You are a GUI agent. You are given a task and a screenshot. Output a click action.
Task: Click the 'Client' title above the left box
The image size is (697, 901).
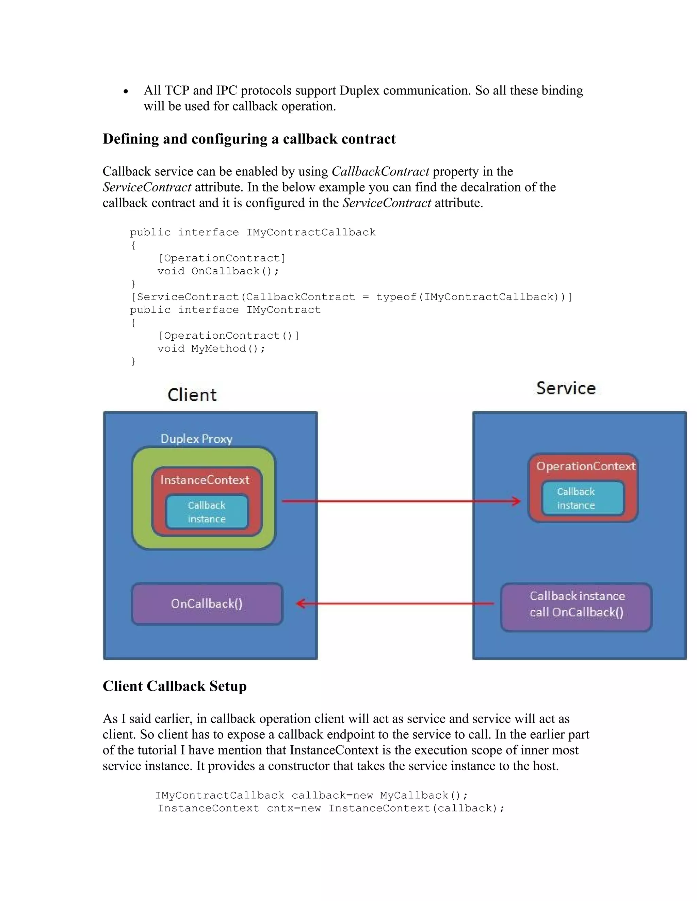(192, 395)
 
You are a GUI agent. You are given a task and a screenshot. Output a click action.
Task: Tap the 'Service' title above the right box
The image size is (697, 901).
(566, 388)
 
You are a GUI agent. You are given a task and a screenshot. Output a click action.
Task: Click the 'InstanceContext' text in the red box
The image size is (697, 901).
(205, 480)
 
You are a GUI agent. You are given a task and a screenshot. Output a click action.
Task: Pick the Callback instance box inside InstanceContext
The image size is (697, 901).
(207, 512)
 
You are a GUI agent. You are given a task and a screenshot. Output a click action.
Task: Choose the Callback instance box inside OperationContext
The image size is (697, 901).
(583, 498)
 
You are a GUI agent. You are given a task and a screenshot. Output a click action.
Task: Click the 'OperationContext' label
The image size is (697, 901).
(585, 466)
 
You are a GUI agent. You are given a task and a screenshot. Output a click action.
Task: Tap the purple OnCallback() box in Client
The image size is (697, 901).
(207, 603)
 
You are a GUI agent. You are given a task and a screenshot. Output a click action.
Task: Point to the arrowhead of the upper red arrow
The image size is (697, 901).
(517, 501)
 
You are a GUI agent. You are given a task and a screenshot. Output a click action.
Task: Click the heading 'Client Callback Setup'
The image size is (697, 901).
(174, 686)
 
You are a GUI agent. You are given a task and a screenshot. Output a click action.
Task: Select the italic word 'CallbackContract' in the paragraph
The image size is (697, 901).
(380, 171)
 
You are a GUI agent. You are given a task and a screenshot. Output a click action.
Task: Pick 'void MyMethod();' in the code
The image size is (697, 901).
(211, 348)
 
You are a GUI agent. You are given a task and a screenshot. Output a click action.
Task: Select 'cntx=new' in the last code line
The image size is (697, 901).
(294, 808)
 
